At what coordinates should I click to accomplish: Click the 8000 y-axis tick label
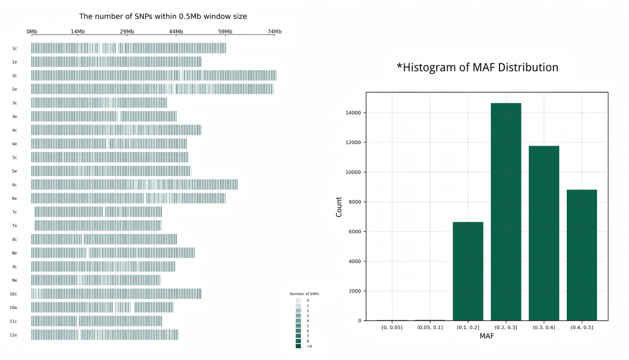[354, 202]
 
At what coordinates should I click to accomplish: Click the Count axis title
[339, 207]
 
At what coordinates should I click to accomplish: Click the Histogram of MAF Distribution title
[477, 68]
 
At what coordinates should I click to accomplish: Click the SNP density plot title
[163, 17]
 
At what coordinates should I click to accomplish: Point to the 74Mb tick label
[275, 32]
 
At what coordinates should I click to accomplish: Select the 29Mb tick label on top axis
[127, 32]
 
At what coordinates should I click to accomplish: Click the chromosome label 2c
[15, 76]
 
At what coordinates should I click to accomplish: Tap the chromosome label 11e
[14, 335]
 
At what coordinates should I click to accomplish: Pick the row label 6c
[15, 185]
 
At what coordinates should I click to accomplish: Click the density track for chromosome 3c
[99, 103]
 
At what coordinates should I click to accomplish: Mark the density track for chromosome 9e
[96, 280]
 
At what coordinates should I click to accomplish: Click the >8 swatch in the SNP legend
[298, 346]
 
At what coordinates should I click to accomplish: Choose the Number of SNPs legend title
[305, 294]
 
